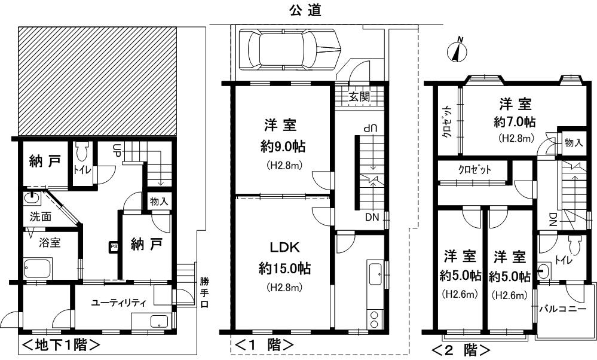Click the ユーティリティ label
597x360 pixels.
118,303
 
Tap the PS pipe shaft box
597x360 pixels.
113,246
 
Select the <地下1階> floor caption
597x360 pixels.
60,346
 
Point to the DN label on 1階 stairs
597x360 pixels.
372,217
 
